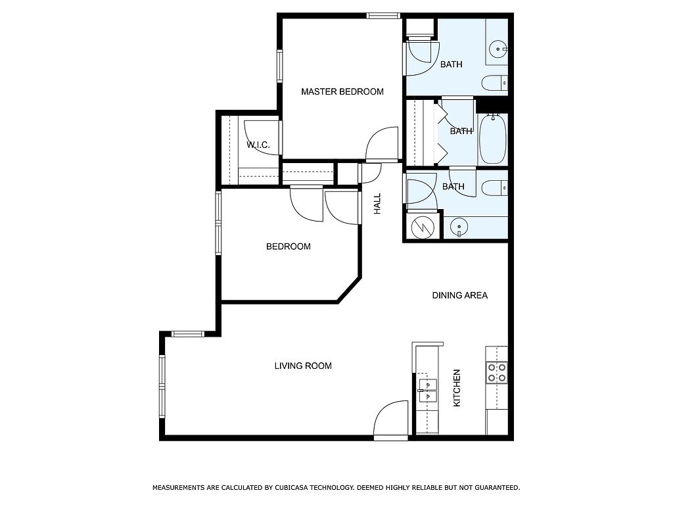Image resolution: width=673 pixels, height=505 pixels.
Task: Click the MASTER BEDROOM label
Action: pyautogui.click(x=342, y=91)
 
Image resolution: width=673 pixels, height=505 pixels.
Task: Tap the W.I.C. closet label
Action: pyautogui.click(x=258, y=145)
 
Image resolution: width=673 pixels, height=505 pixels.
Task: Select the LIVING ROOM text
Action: pyautogui.click(x=303, y=366)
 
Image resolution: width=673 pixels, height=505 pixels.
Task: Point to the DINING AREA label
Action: pyautogui.click(x=459, y=295)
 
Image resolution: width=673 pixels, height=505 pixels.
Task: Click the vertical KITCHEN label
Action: pyautogui.click(x=457, y=388)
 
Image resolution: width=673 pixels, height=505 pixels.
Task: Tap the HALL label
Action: pyautogui.click(x=377, y=204)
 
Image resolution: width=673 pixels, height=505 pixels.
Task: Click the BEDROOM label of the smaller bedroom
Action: pyautogui.click(x=289, y=247)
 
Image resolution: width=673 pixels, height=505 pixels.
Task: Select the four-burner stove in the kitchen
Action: pyautogui.click(x=497, y=372)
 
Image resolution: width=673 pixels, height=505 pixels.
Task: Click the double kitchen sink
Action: pyautogui.click(x=428, y=391)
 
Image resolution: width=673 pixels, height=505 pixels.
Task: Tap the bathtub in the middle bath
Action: pyautogui.click(x=493, y=139)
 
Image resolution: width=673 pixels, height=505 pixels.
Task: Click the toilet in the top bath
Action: pyautogui.click(x=495, y=83)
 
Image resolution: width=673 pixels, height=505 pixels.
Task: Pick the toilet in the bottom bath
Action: pyautogui.click(x=495, y=188)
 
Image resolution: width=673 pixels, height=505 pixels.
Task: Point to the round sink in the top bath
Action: pyautogui.click(x=498, y=49)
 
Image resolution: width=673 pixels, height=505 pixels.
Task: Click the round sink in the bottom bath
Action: pyautogui.click(x=459, y=226)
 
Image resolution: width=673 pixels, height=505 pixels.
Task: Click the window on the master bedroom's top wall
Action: pyautogui.click(x=383, y=16)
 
